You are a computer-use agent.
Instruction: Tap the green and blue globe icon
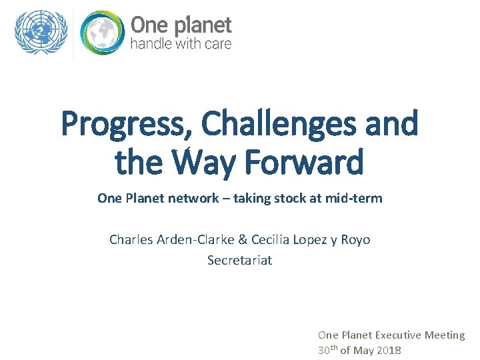pyautogui.click(x=102, y=33)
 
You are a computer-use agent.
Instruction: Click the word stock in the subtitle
pyautogui.click(x=290, y=198)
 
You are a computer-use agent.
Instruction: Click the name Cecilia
pyautogui.click(x=275, y=239)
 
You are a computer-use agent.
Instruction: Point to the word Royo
pyautogui.click(x=355, y=239)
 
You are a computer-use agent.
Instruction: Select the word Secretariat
pyautogui.click(x=239, y=260)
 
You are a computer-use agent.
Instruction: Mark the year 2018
pyautogui.click(x=389, y=351)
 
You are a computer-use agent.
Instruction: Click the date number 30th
pyautogui.click(x=327, y=350)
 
